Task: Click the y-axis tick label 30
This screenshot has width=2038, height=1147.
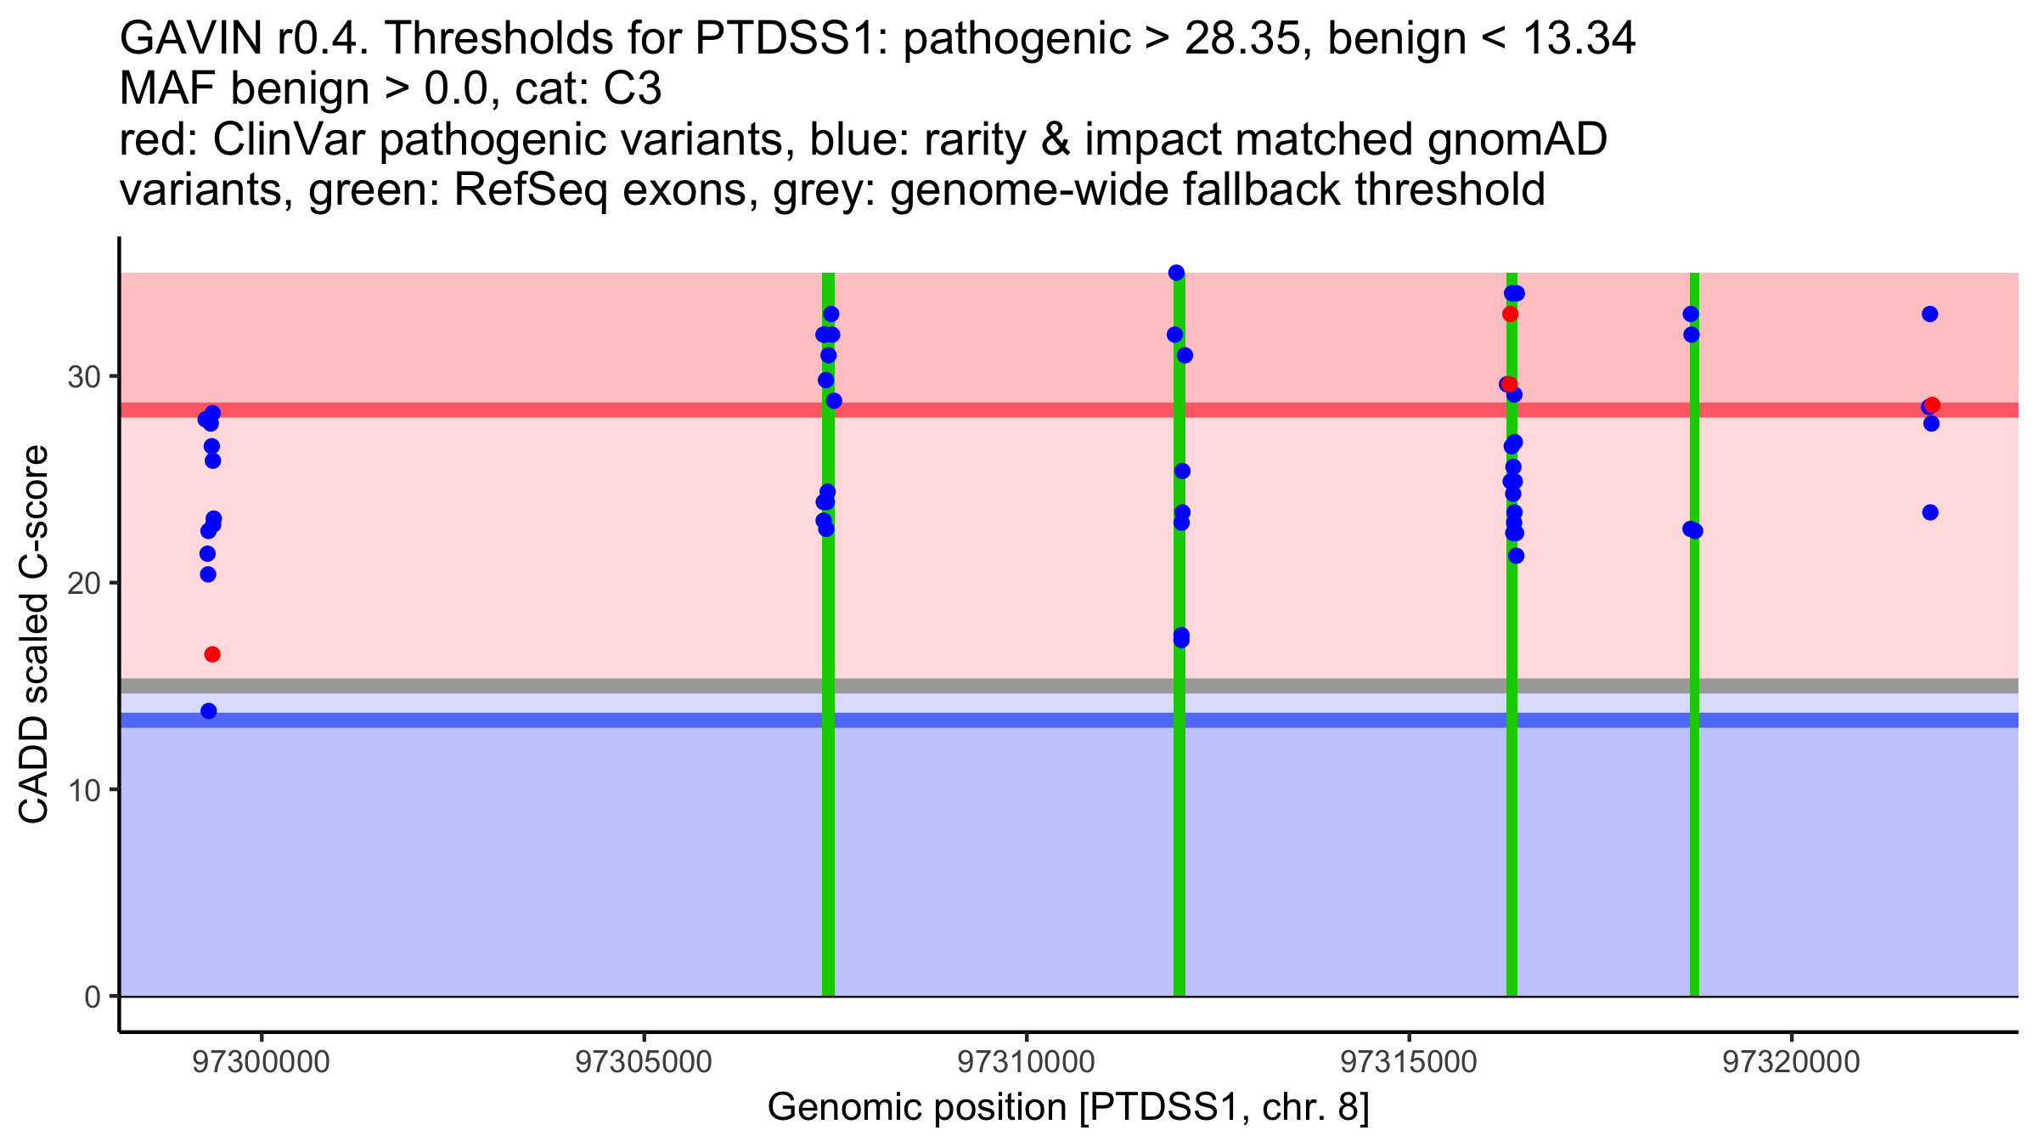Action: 83,376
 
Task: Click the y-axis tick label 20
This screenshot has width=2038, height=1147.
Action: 83,583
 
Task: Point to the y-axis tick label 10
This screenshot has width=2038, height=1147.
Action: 83,790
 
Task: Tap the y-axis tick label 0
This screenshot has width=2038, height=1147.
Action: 92,997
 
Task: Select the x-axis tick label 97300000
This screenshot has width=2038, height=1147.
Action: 261,1062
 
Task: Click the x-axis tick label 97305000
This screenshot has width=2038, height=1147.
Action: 644,1062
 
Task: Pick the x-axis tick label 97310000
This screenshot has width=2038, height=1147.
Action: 1027,1062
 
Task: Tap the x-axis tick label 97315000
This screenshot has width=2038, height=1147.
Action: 1410,1062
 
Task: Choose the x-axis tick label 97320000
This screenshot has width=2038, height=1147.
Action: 1792,1062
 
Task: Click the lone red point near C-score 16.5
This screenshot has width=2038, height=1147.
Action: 212,654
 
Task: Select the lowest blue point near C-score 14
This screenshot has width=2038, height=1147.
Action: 209,711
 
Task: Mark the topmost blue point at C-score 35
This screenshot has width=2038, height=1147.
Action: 1176,273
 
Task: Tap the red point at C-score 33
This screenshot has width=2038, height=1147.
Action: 1510,314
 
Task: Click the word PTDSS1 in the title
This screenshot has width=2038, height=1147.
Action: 793,39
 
